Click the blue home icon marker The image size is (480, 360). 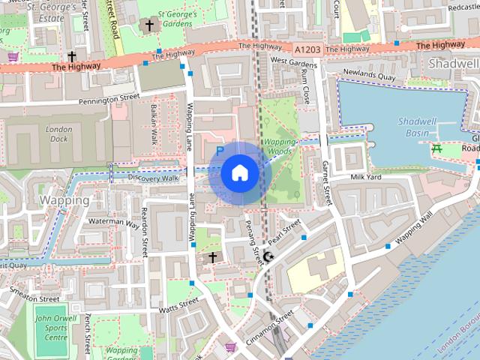pos(238,172)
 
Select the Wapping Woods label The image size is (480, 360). pos(277,145)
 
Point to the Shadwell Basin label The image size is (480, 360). pos(418,127)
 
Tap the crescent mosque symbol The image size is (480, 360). pos(268,257)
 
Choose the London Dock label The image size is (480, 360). pos(59,133)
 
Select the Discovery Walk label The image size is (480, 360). pos(153,178)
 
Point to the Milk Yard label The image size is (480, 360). pos(367,177)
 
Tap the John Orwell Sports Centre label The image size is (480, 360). pos(50,327)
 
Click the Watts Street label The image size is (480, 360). pos(178,304)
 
